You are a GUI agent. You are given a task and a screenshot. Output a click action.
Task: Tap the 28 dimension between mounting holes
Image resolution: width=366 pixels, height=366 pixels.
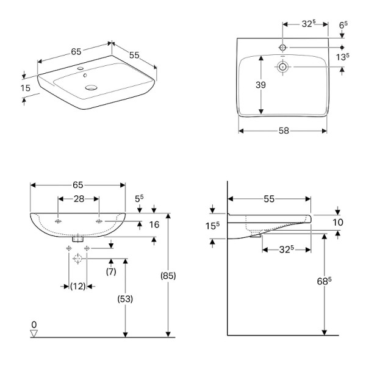click(x=78, y=199)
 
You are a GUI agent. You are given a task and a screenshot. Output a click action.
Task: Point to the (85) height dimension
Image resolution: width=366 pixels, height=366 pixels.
click(x=168, y=275)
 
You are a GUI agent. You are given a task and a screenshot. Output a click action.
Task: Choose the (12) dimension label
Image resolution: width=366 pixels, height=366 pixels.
click(x=77, y=285)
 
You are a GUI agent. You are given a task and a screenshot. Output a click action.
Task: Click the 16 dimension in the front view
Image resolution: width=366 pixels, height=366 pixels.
click(x=154, y=224)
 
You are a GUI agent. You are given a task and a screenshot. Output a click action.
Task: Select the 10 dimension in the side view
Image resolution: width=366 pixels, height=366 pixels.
click(x=338, y=222)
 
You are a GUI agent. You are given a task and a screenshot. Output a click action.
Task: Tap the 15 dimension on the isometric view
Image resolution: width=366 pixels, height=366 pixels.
click(x=25, y=88)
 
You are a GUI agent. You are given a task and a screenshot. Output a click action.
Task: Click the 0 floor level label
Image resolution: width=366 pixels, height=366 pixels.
click(x=34, y=324)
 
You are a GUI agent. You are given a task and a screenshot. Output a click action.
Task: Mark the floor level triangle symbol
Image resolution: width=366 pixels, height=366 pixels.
click(x=34, y=333)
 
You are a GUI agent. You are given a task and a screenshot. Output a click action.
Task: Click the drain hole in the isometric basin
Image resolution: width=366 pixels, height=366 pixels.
click(x=91, y=87)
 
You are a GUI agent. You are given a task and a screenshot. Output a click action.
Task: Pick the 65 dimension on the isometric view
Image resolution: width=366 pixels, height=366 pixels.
click(x=76, y=52)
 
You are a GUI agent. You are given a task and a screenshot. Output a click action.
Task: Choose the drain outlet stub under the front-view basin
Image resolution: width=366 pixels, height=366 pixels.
click(x=77, y=239)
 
